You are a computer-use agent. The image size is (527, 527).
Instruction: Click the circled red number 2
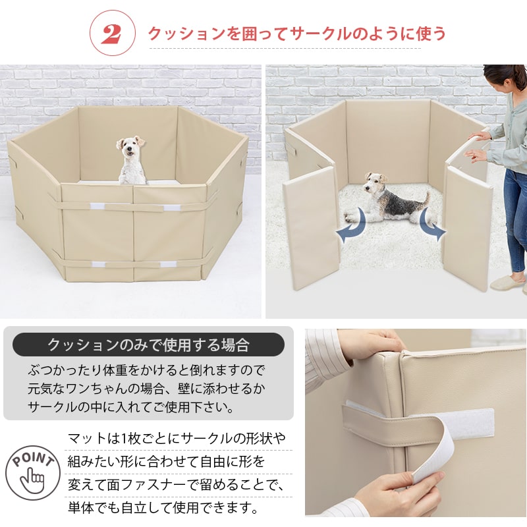click(x=112, y=33)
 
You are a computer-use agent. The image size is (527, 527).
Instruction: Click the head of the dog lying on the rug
click(x=375, y=182)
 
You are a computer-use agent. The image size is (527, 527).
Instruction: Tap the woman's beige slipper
click(x=506, y=283)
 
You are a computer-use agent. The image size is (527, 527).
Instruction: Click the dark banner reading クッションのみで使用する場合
click(x=148, y=344)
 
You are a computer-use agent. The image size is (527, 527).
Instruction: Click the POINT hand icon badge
click(x=33, y=472)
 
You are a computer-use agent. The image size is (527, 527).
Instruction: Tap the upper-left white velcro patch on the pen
click(x=97, y=206)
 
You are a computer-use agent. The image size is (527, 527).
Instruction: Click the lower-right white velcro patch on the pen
click(x=168, y=264)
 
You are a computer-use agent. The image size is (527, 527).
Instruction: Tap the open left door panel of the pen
click(x=311, y=227)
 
